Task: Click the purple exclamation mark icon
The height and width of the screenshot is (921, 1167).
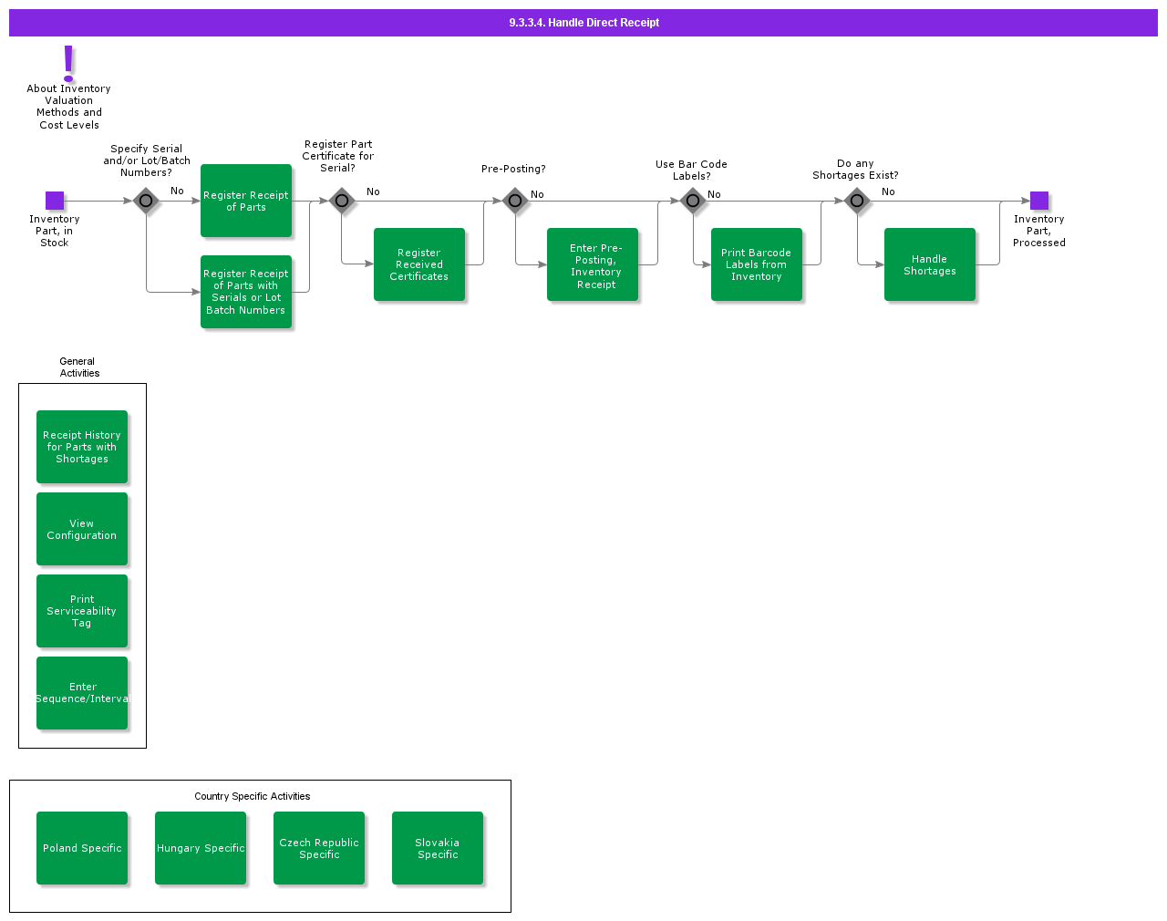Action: coord(68,63)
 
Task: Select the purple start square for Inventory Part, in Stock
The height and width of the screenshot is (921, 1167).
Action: coord(55,201)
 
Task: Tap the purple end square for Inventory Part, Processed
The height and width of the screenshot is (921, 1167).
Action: coord(1039,201)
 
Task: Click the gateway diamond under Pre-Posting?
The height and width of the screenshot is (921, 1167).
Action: coord(515,201)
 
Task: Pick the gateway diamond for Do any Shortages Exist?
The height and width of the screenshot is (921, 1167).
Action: coord(857,201)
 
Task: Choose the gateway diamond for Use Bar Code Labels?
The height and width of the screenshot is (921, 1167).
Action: coord(693,201)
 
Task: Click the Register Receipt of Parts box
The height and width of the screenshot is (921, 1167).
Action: coord(246,201)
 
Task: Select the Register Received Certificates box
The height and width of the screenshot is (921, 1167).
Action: coord(419,264)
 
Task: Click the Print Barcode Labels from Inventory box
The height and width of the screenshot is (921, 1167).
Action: coord(757,264)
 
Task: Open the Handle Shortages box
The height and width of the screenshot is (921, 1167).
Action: coord(930,264)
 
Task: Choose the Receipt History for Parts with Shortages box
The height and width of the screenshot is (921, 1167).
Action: coord(82,447)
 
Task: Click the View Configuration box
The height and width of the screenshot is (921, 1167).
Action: coord(82,529)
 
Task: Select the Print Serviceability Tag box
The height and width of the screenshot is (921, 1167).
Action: coord(82,611)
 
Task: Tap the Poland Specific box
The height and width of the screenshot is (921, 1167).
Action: coord(82,848)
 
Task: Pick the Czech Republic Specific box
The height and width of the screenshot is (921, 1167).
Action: coord(319,848)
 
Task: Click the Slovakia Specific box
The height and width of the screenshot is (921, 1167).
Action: coord(438,848)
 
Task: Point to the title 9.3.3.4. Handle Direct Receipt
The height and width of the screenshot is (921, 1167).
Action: coord(583,23)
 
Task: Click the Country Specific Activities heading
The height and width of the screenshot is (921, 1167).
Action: coord(252,796)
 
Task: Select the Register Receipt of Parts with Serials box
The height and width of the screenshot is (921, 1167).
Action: coord(246,292)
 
